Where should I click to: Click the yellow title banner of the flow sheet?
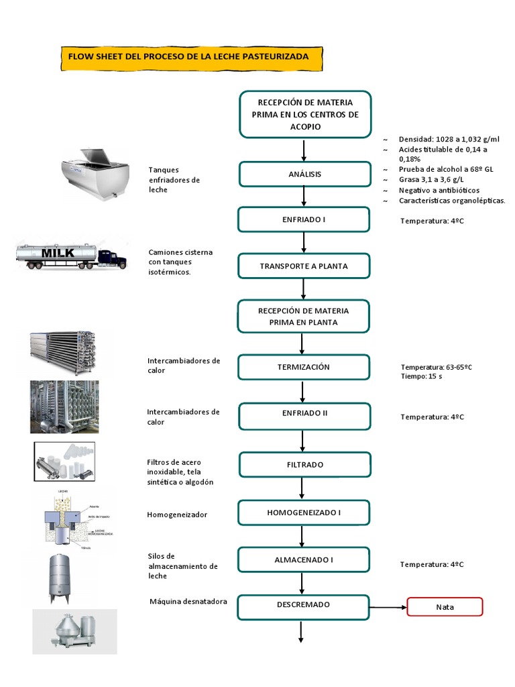[191, 57]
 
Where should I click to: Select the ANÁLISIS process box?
[304, 174]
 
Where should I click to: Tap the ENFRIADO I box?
[304, 219]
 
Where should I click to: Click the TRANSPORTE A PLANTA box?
[304, 266]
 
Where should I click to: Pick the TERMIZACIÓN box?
[304, 367]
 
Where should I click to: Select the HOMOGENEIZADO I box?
[304, 513]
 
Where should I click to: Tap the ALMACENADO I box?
[304, 560]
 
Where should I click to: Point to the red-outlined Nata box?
[445, 606]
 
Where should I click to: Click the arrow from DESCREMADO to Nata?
[388, 607]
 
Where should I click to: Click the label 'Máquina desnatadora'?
[188, 601]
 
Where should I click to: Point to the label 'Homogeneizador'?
[177, 515]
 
